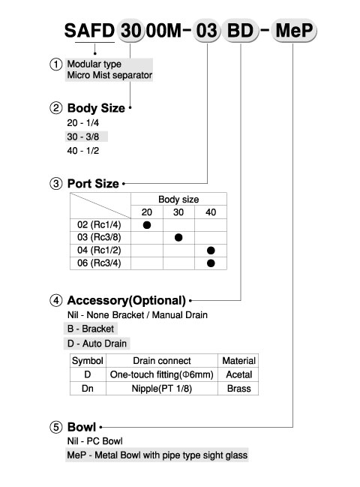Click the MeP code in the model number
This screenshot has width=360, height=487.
click(294, 31)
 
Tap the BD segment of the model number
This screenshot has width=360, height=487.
click(240, 31)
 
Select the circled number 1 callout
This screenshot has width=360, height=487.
click(55, 65)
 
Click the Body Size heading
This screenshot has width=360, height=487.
click(96, 108)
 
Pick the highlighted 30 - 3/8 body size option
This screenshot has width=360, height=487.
click(82, 137)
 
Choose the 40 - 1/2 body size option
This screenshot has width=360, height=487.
click(82, 151)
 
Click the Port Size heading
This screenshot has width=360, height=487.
click(93, 184)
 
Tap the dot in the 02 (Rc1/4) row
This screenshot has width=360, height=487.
click(147, 225)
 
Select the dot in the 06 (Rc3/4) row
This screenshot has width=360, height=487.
click(211, 263)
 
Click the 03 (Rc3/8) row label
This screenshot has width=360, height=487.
click(99, 237)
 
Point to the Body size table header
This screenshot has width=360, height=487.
click(178, 199)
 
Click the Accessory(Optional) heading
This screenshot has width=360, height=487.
click(126, 300)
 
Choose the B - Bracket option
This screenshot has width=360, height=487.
click(91, 329)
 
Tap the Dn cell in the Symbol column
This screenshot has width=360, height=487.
click(88, 389)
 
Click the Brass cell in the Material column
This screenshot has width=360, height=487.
click(238, 389)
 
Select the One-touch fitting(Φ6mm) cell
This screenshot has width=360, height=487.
click(162, 374)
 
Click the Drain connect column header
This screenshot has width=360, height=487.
click(162, 361)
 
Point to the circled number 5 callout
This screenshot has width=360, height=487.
click(55, 427)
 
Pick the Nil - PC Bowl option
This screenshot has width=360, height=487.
click(95, 441)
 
